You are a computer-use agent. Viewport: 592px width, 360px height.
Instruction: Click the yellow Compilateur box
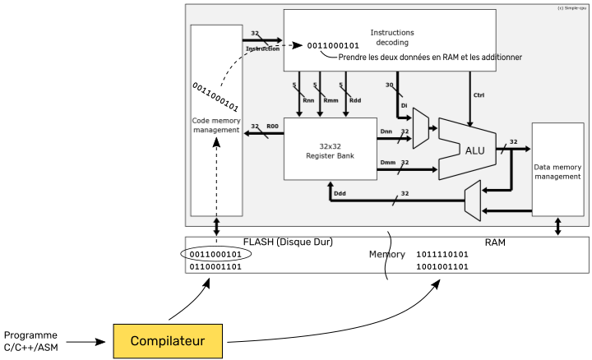(x=168, y=339)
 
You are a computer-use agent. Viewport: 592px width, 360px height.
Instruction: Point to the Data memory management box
(x=557, y=170)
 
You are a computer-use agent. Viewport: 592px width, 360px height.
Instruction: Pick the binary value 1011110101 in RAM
(x=443, y=254)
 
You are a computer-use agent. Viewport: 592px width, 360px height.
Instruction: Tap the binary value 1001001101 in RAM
(x=443, y=267)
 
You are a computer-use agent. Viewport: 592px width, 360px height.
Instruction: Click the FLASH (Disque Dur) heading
(x=287, y=242)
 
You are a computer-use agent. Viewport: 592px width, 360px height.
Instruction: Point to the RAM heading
(x=495, y=242)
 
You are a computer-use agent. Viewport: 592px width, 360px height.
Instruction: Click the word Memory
(x=386, y=255)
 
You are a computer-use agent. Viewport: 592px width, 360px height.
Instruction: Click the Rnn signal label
(x=308, y=100)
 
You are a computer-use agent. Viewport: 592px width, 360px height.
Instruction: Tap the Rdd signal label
(x=355, y=100)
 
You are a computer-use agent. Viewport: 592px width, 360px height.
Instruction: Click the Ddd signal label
(x=339, y=194)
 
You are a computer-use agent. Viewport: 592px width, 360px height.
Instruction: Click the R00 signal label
(x=273, y=127)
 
